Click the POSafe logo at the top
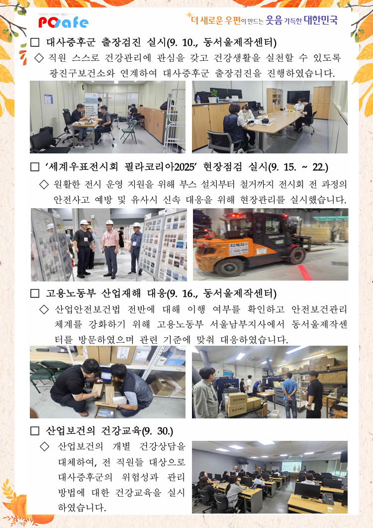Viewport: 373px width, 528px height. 63,22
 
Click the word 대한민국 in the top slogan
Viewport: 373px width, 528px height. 320,20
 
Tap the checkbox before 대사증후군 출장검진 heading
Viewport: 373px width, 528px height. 35,42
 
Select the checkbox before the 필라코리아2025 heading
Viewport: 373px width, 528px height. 35,167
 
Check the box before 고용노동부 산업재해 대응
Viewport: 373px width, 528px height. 35,293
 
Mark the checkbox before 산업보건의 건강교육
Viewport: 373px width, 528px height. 35,431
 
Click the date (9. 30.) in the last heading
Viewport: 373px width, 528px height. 158,431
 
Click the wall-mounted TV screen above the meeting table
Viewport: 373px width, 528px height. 298,97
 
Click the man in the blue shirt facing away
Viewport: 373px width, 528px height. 289,395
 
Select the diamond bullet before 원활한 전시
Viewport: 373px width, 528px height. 44,184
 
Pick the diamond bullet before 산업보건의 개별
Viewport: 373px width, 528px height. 44,446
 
